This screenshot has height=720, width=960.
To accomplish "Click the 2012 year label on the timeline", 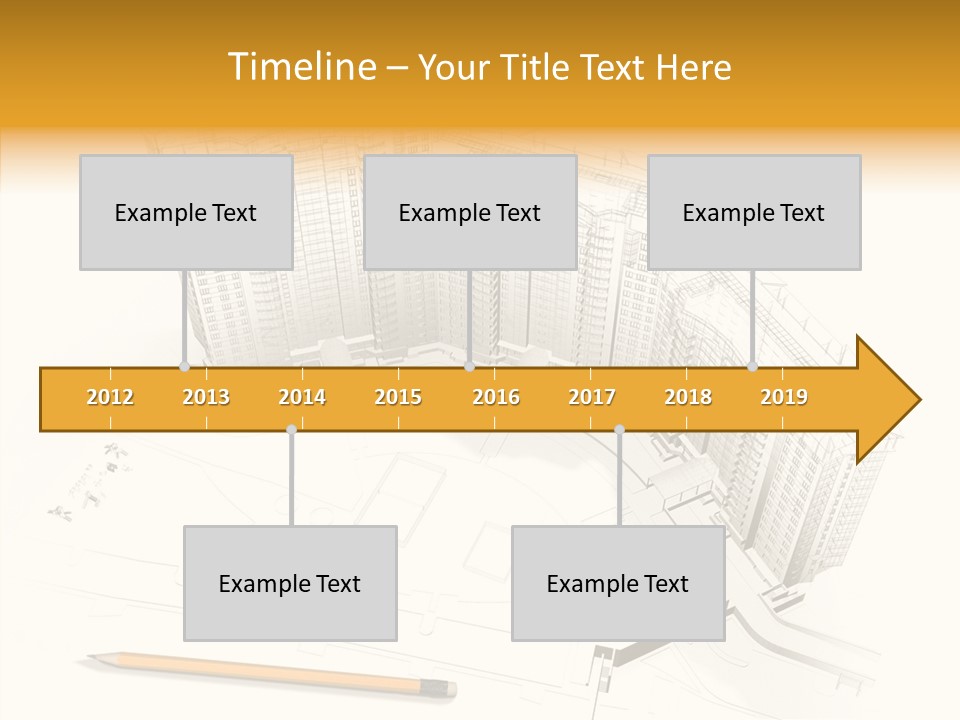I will coord(110,397).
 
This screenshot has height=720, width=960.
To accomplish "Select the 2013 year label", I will coord(206,397).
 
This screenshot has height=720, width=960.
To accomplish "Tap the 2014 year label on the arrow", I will coord(302,397).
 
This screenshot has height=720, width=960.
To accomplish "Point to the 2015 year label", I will coord(398,397).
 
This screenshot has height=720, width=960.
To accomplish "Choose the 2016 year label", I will coord(496,397).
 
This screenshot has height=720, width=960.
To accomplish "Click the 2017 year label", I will coord(592,397).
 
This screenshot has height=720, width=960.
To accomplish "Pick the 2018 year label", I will coord(688,397).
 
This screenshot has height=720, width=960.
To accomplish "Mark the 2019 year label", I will coord(784,397).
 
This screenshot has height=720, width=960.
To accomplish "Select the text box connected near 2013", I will coord(186,212).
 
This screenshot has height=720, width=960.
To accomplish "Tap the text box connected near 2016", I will coord(470,212).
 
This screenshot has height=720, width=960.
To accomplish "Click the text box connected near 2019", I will coord(754,212).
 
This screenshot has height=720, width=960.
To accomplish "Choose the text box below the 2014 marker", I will coord(290,583).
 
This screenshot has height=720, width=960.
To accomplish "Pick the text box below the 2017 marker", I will coord(618,583).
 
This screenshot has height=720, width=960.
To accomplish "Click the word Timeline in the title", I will coord(301,67).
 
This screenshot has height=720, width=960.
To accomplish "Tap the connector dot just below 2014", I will coord(291,430).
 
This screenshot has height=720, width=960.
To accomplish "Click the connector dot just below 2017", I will coord(619,430).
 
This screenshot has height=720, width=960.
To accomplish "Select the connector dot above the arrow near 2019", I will coord(753,367).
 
